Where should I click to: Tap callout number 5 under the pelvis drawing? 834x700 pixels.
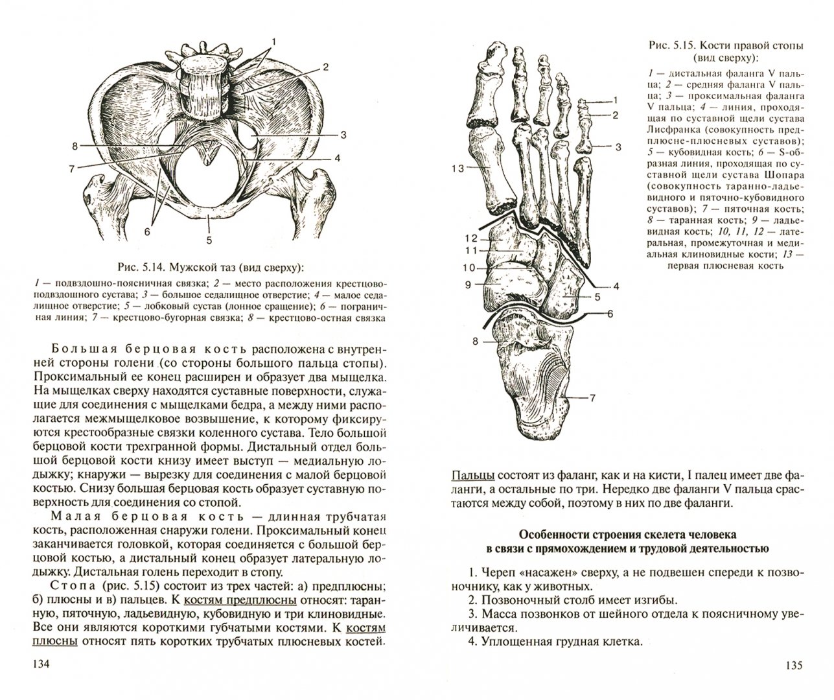[209, 240]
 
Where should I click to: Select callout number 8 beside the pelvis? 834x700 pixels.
[76, 146]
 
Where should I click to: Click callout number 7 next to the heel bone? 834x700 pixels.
[592, 398]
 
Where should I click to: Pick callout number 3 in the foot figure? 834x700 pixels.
[618, 147]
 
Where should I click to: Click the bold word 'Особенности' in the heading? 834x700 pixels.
[560, 535]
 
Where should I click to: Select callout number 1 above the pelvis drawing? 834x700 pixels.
[273, 41]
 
